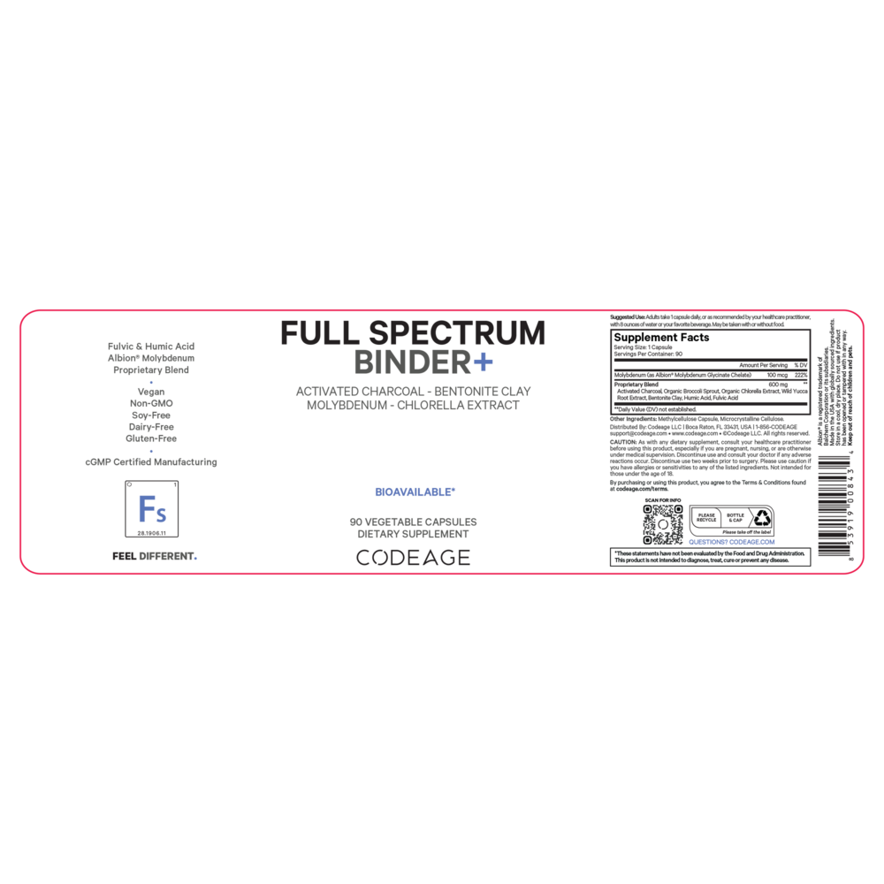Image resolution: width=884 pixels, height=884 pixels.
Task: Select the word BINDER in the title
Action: tap(411, 362)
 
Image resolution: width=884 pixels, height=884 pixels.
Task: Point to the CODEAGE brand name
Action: tap(413, 558)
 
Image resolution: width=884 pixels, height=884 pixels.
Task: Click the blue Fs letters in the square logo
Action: tap(152, 508)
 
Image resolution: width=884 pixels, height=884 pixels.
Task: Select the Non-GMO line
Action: tap(151, 403)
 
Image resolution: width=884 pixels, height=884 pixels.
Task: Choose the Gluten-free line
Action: tap(151, 438)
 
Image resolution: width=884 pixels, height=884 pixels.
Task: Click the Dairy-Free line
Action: tap(151, 426)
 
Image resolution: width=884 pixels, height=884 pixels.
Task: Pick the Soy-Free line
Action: tap(151, 415)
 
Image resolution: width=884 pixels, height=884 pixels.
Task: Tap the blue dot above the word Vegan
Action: tap(151, 382)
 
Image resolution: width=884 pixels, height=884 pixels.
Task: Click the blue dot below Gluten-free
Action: tap(151, 450)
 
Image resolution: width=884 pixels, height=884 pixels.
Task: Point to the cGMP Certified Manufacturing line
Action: tap(151, 461)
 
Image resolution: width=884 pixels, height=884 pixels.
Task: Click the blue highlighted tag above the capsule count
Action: tap(414, 492)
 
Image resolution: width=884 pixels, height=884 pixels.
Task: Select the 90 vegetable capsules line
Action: tap(414, 522)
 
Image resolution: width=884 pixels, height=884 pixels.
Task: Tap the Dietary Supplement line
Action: tap(414, 534)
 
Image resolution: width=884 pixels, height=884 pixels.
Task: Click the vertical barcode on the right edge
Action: tap(833, 506)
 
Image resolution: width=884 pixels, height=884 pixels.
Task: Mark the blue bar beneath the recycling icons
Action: tap(731, 542)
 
